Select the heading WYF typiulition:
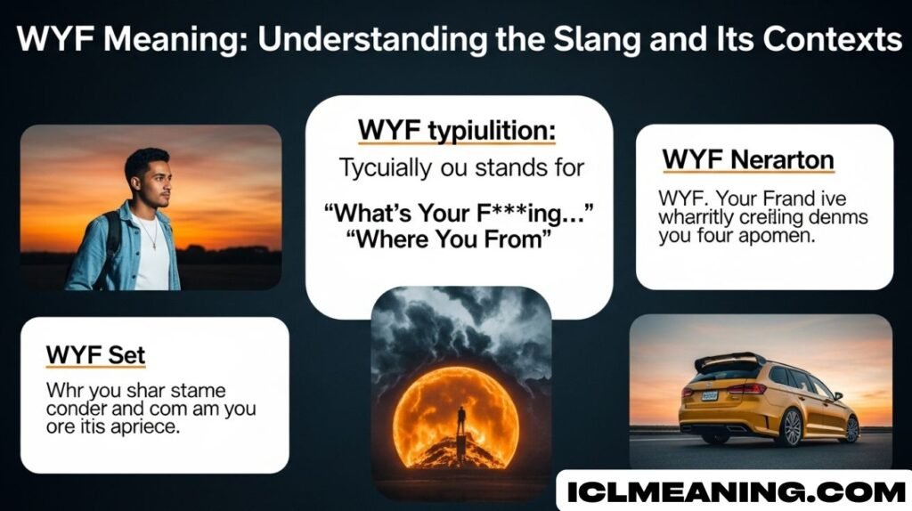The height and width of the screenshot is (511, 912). [x=456, y=131]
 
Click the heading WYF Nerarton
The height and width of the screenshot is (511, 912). [x=748, y=160]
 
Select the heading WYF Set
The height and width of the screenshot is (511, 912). [x=95, y=356]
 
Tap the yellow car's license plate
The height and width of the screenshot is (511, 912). [x=709, y=395]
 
